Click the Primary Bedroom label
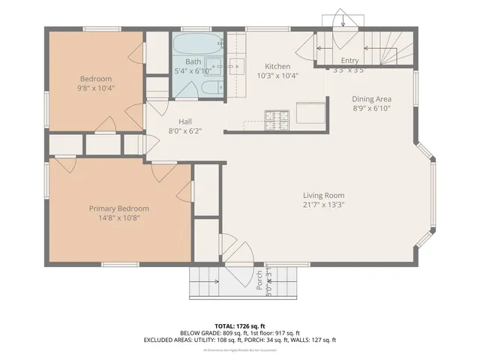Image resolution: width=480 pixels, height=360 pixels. (x=118, y=208)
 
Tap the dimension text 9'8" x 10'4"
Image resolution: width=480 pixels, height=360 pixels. (x=96, y=89)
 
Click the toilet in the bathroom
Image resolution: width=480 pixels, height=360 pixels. (x=209, y=89)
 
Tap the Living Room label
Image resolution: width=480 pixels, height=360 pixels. (x=323, y=195)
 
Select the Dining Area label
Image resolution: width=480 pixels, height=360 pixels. (x=373, y=99)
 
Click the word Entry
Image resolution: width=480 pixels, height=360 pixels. (x=349, y=61)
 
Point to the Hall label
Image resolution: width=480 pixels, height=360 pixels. (x=186, y=121)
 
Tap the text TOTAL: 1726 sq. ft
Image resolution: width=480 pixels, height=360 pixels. (x=239, y=326)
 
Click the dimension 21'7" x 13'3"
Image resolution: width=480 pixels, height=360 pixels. (x=323, y=205)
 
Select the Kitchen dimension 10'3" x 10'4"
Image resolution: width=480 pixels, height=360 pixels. (x=277, y=76)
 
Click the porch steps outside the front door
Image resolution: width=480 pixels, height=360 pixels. (x=204, y=283)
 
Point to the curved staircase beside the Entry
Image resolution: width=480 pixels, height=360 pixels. (x=393, y=49)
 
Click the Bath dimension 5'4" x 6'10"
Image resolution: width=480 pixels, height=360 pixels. (x=193, y=71)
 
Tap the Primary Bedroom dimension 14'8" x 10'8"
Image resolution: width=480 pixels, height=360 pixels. (x=118, y=218)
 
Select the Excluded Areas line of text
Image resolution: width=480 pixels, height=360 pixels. (x=239, y=340)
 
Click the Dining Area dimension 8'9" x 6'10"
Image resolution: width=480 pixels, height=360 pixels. (x=373, y=109)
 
